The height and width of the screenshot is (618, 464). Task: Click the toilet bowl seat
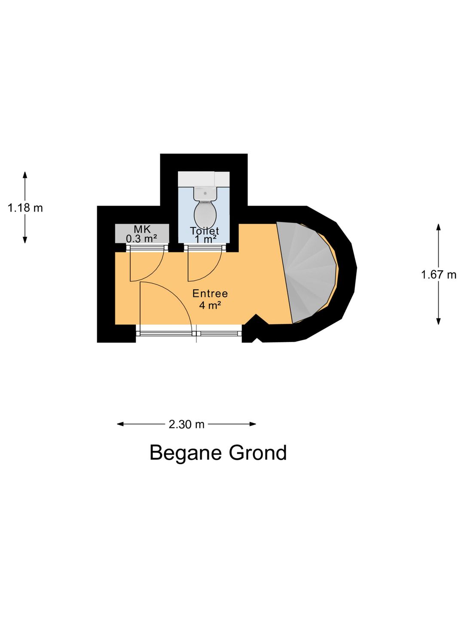click(x=205, y=213)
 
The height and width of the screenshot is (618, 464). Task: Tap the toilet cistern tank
click(x=205, y=194)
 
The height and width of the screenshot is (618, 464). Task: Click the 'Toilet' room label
click(x=205, y=231)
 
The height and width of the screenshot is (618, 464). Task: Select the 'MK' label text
click(x=142, y=229)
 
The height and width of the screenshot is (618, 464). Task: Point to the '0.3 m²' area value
click(x=141, y=239)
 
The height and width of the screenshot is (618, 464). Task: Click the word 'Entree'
click(x=210, y=294)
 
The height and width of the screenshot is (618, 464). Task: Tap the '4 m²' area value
click(x=210, y=306)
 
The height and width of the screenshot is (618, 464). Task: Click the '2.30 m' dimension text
click(x=186, y=424)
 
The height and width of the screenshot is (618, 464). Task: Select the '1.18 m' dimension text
click(x=25, y=208)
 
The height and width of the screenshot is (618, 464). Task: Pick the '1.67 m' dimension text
click(x=439, y=275)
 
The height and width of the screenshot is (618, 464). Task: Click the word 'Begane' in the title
click(x=186, y=453)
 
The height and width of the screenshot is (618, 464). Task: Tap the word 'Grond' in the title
click(x=258, y=453)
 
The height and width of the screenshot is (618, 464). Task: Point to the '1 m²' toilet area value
click(x=205, y=239)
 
